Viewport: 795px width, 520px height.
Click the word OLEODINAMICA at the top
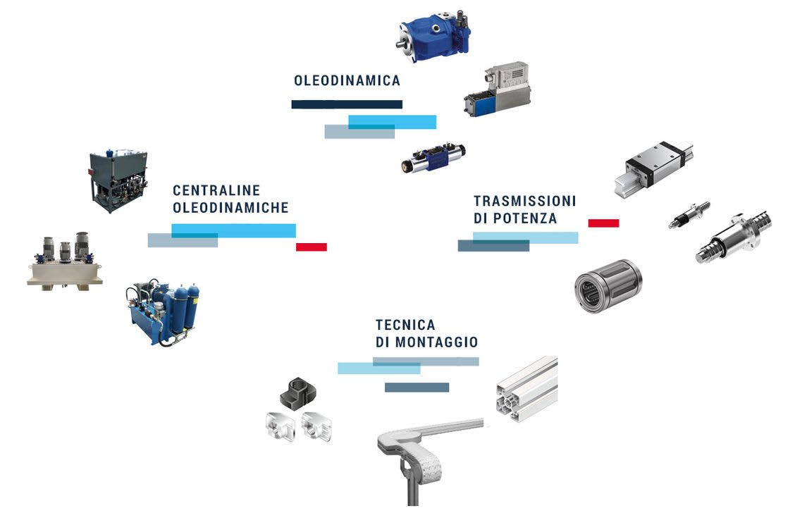347,80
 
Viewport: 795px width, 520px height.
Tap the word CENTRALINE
216,190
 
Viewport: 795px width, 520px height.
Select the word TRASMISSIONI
525,202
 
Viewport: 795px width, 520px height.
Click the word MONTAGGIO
436,342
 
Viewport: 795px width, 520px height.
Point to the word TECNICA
405,325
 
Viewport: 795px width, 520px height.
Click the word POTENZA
525,218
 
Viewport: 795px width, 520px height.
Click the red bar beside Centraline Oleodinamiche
312,247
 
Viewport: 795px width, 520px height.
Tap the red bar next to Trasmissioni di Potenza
603,223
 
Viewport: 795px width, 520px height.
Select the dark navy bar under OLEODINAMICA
347,104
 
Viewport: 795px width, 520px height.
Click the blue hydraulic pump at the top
434,36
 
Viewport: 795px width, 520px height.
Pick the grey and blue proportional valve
498,89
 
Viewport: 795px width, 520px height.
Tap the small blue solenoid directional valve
433,158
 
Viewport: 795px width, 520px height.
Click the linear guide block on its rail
653,168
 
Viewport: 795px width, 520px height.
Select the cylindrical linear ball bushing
608,285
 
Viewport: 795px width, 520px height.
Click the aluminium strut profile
526,388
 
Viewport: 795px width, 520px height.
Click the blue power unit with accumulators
163,313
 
